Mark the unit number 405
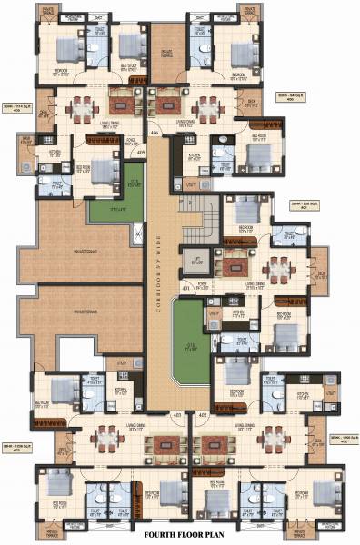(141, 152)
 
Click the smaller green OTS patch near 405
(110, 211)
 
